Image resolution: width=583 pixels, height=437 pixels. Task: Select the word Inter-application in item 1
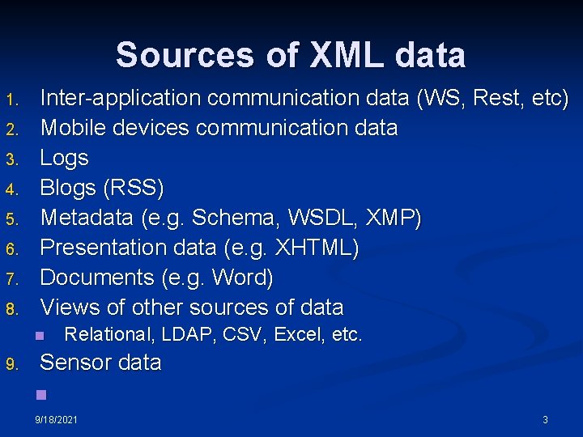coord(121,98)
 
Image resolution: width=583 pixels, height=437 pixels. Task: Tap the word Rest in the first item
coord(499,98)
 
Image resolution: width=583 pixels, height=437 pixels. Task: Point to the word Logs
coord(65,158)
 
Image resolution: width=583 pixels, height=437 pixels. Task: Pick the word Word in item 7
coord(242,278)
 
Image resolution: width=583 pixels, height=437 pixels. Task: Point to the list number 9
coord(11,364)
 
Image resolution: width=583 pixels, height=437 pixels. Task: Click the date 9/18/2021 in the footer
coord(57,420)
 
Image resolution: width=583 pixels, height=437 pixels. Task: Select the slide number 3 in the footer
coord(545,420)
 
